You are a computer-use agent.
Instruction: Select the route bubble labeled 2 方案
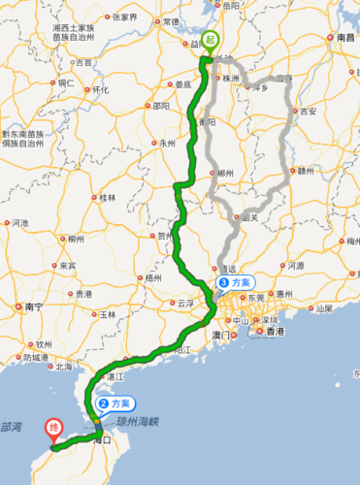coord(114,403)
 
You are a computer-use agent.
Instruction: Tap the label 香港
coord(276,332)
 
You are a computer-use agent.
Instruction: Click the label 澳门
coord(222,335)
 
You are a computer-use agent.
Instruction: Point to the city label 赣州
coord(307,171)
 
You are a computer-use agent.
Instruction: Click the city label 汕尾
coord(324,308)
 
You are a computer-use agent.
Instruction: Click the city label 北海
coord(64,367)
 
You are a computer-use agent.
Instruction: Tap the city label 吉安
coord(309,112)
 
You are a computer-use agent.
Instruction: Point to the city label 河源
coord(296,265)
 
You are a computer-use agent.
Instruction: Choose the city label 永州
coord(168,143)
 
